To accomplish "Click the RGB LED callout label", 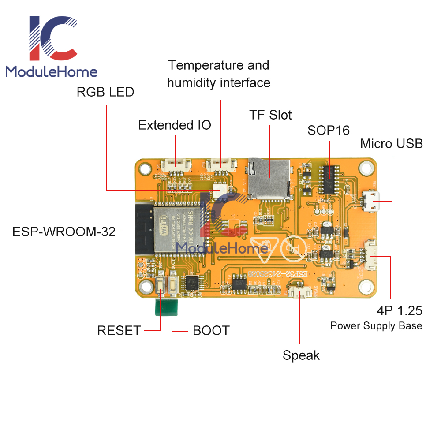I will click(x=105, y=92).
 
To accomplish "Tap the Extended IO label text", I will click(x=175, y=125).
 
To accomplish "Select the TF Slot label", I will click(x=270, y=115).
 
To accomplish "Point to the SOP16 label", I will click(x=329, y=130).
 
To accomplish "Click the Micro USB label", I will click(x=391, y=144).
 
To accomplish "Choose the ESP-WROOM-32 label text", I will click(x=64, y=232).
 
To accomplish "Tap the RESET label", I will click(x=119, y=330).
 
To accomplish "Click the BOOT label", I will click(x=211, y=330).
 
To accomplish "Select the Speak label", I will click(x=301, y=355).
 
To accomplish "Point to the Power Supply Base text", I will click(x=376, y=326).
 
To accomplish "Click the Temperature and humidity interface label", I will click(x=219, y=74).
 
